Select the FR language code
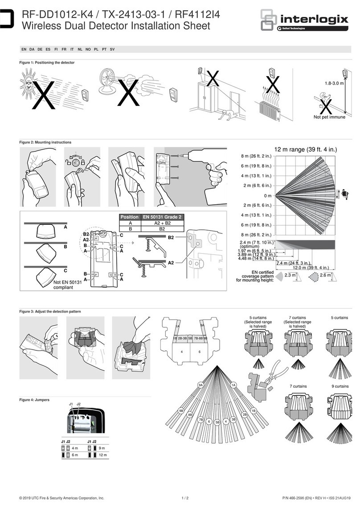pos(65,49)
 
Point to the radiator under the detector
pos(269,109)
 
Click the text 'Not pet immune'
pos(329,118)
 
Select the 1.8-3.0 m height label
pos(333,83)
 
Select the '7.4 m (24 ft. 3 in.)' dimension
pos(294,263)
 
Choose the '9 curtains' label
pos(341,386)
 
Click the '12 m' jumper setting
pos(103,455)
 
